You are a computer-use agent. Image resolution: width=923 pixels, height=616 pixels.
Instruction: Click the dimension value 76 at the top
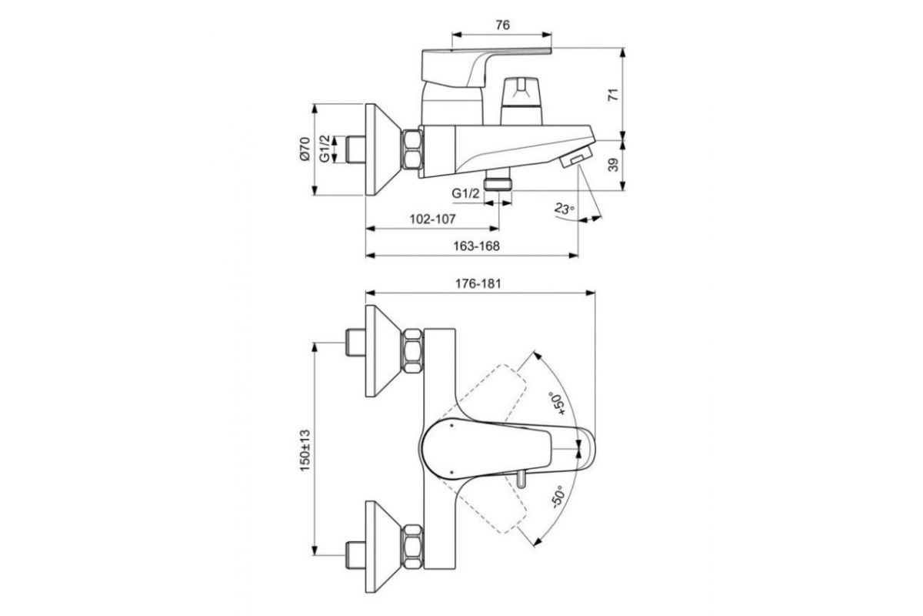(502, 25)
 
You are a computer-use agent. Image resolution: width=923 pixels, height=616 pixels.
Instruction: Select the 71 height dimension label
(614, 95)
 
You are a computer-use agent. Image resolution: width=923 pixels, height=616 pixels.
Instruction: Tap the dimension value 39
(614, 165)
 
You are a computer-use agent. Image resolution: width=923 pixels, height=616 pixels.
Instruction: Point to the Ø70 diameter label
(304, 149)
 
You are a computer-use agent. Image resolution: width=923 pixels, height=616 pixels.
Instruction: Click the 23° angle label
(564, 209)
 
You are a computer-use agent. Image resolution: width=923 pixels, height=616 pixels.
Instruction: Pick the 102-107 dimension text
(432, 219)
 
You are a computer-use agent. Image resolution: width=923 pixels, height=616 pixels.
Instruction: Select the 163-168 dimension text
(476, 246)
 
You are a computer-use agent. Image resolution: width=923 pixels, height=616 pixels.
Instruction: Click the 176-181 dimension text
(478, 284)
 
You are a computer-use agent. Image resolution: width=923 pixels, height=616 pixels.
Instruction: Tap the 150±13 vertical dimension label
(305, 450)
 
